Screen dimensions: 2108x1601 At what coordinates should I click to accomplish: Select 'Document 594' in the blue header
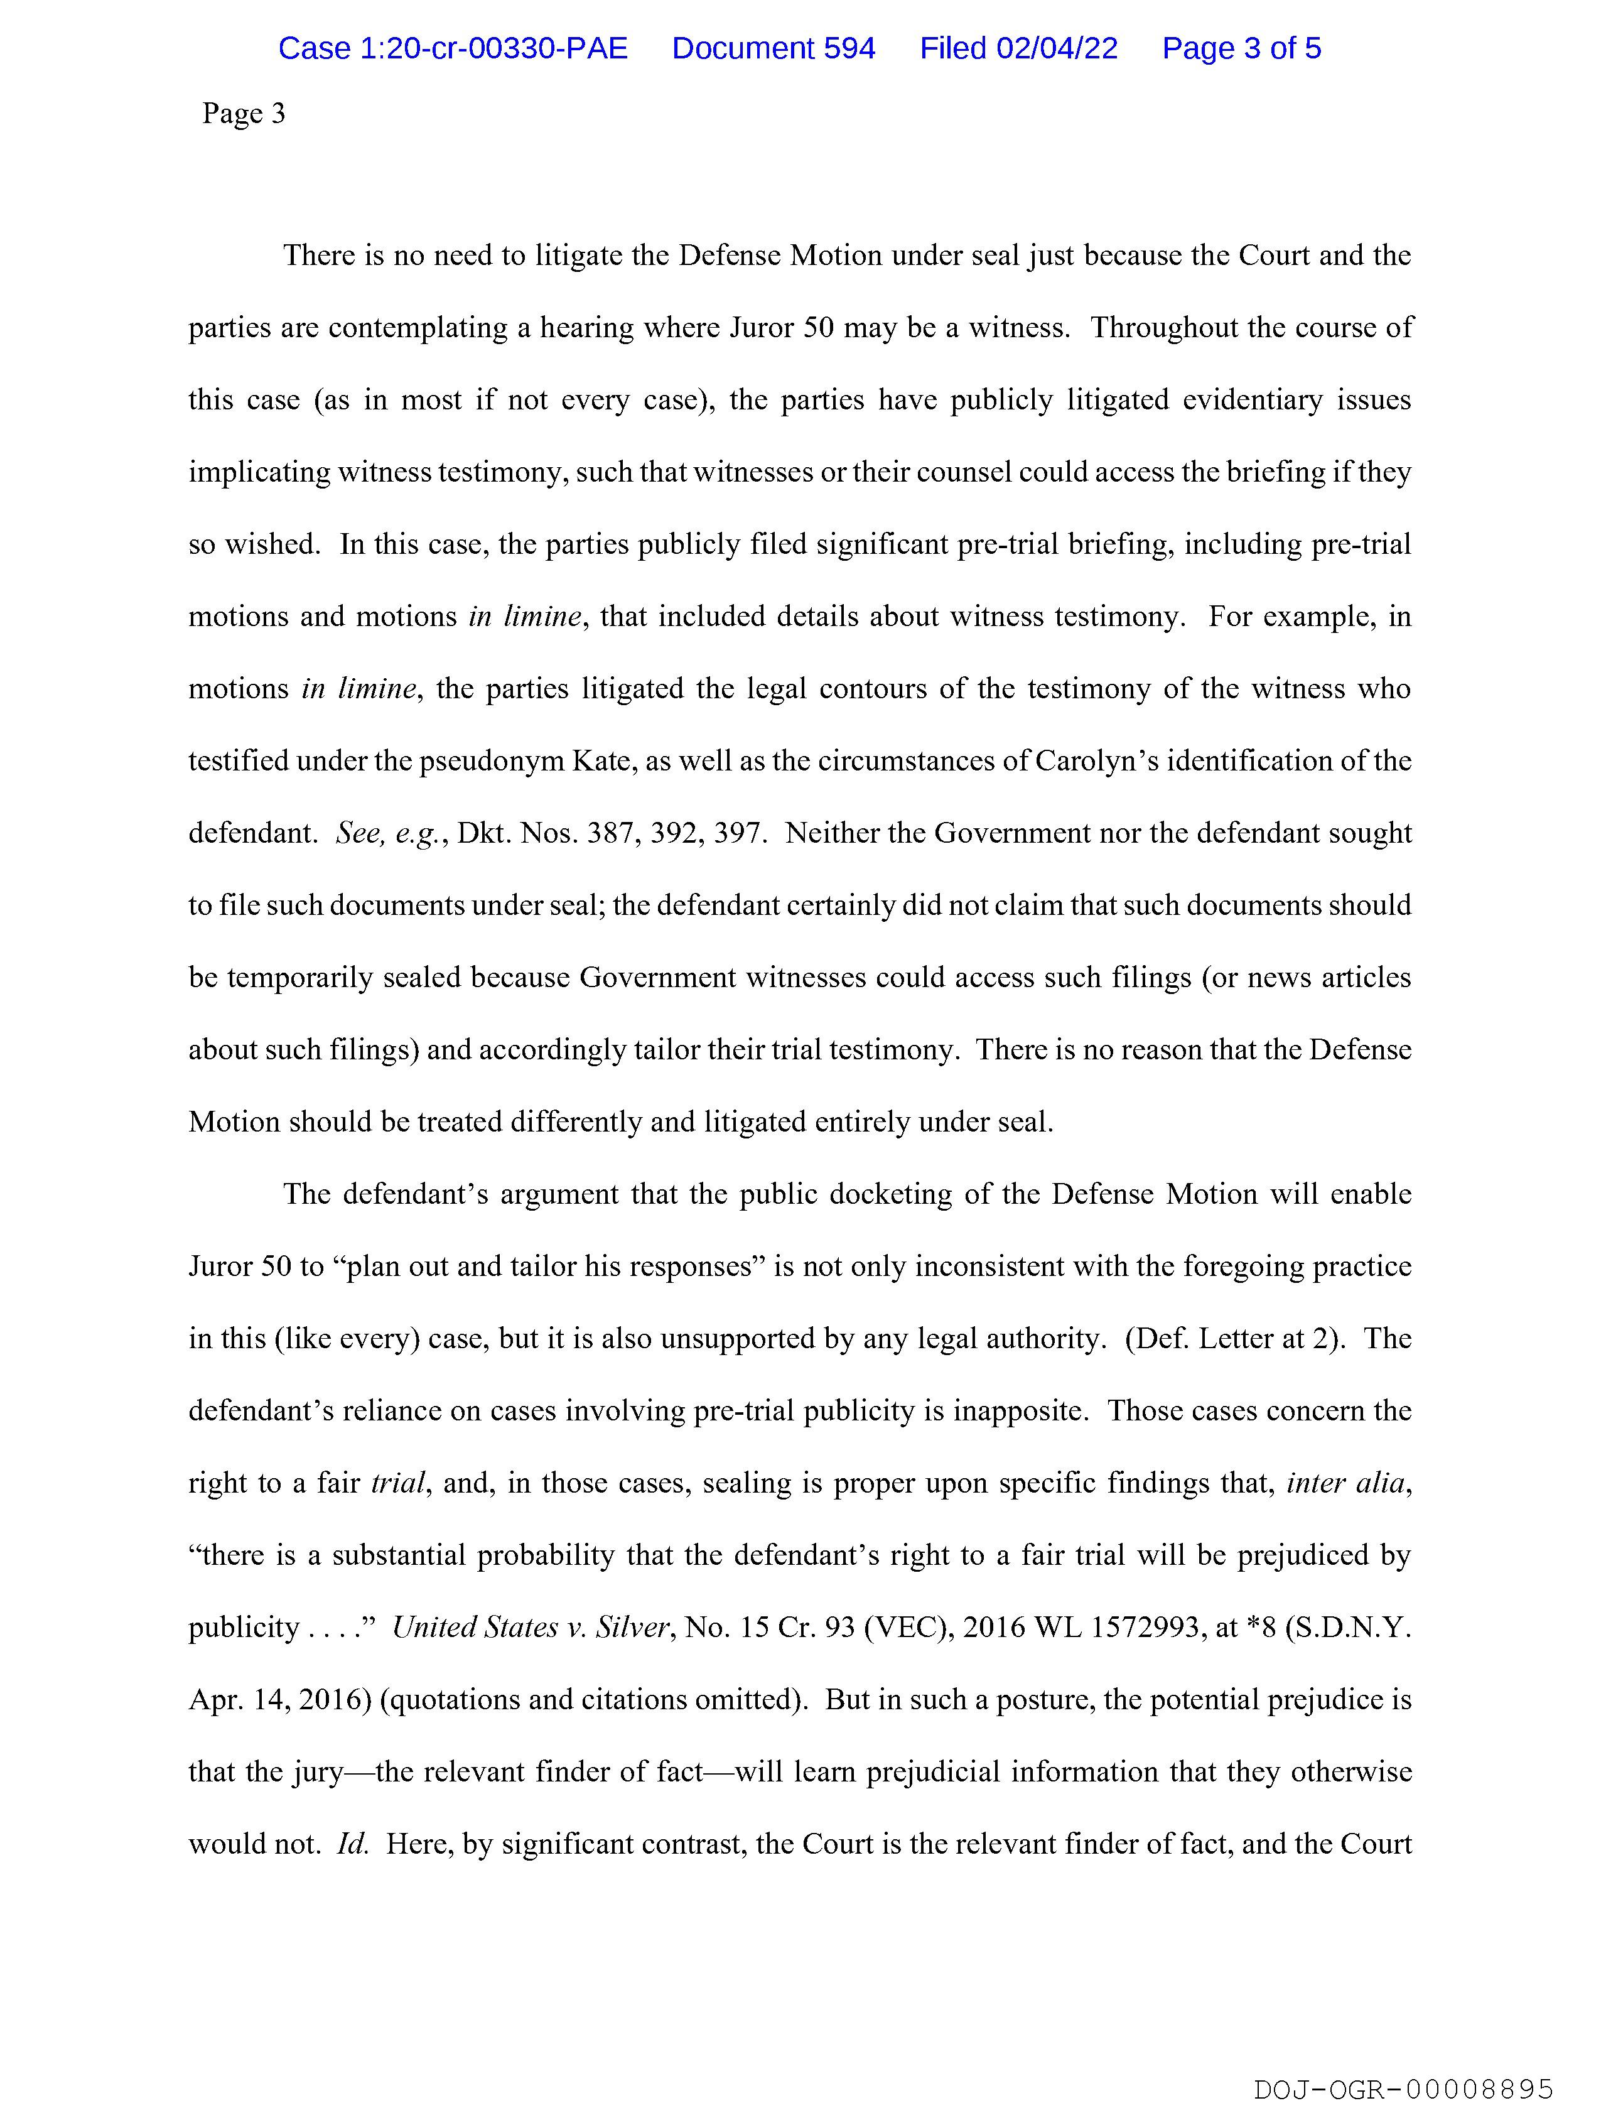[x=773, y=48]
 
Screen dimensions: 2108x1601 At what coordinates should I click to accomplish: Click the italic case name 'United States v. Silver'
[x=532, y=1628]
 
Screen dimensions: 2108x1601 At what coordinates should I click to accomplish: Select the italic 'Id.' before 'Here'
[x=353, y=1844]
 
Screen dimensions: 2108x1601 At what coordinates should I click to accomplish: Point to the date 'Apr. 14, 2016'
[x=279, y=1700]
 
